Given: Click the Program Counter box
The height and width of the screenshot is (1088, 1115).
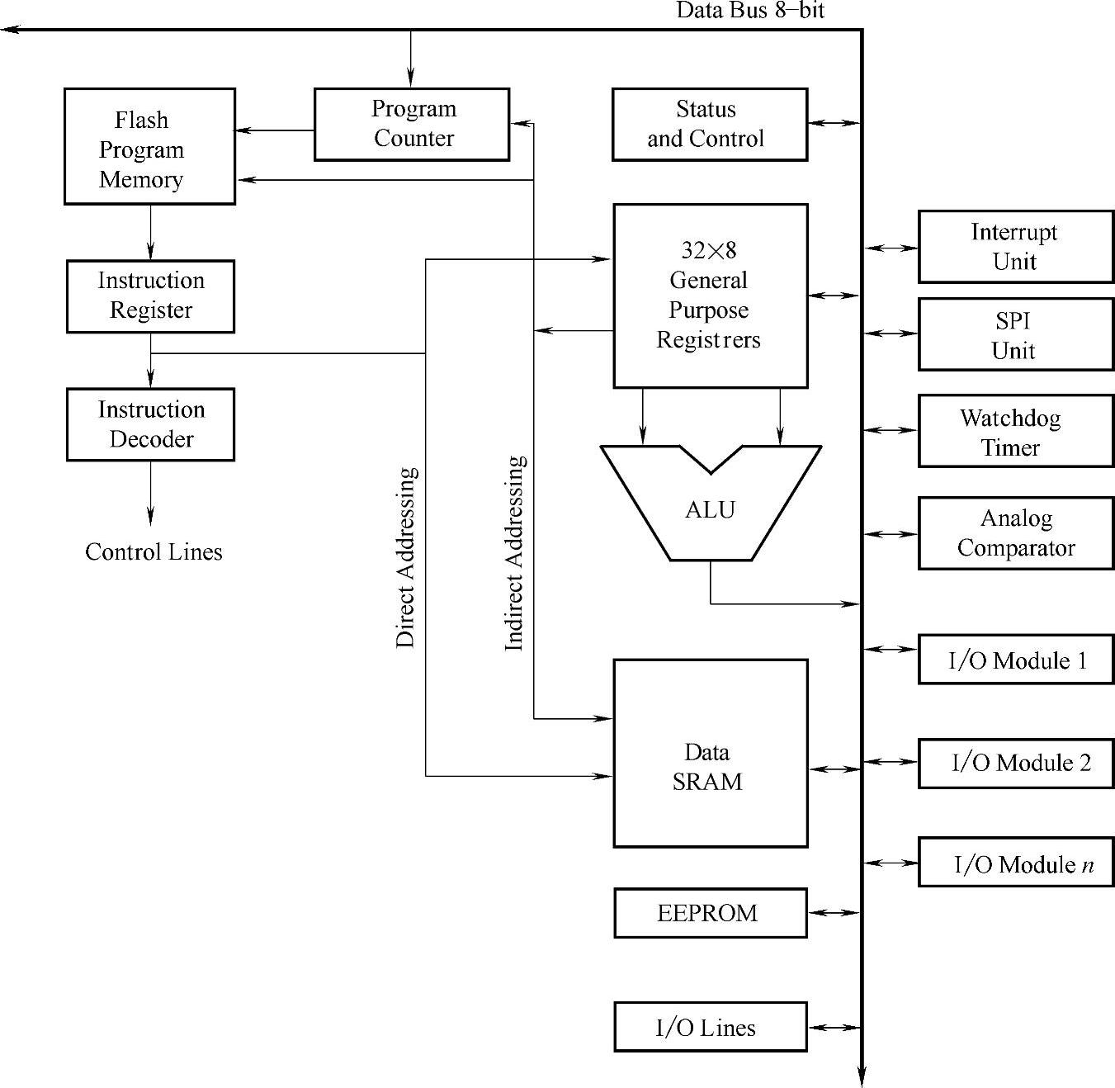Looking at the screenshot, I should pyautogui.click(x=412, y=124).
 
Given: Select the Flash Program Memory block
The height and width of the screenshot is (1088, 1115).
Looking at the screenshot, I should pyautogui.click(x=149, y=146).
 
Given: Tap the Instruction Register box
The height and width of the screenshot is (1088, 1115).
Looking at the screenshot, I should pyautogui.click(x=150, y=296).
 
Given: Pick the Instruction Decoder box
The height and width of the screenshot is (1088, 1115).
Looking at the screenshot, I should pyautogui.click(x=150, y=424).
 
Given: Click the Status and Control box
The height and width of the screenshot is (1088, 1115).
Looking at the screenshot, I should pyautogui.click(x=709, y=124).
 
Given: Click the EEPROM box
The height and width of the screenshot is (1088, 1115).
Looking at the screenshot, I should pyautogui.click(x=710, y=913).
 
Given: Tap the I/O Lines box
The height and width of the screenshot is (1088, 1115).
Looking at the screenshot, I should pyautogui.click(x=710, y=1027).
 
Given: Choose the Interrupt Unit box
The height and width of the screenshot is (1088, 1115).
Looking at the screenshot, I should pyautogui.click(x=1015, y=247).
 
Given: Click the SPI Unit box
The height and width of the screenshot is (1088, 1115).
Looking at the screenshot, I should pyautogui.click(x=1015, y=334).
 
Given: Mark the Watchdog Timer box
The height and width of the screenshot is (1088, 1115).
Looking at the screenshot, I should pyautogui.click(x=1015, y=431).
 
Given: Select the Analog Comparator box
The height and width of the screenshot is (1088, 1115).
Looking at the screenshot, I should pyautogui.click(x=1015, y=533).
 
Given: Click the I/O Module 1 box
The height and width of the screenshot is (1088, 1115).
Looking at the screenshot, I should pyautogui.click(x=1015, y=659).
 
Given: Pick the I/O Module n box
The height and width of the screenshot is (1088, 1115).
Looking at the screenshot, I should pyautogui.click(x=1015, y=863).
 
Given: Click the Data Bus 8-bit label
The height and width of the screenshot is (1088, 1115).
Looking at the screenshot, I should pyautogui.click(x=749, y=10).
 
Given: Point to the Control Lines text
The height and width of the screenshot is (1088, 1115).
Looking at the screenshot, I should pyautogui.click(x=154, y=551).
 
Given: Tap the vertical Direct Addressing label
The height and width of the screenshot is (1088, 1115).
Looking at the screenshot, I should pyautogui.click(x=405, y=557).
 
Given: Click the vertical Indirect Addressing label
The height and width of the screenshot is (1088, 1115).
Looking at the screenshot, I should pyautogui.click(x=513, y=553).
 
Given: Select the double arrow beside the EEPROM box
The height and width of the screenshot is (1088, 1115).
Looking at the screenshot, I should pyautogui.click(x=834, y=913).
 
